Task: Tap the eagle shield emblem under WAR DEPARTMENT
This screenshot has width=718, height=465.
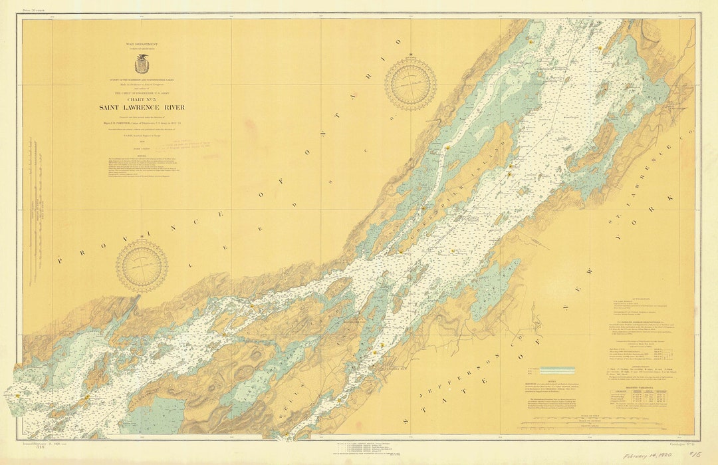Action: [142, 65]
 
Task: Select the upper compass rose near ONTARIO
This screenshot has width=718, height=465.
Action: [410, 83]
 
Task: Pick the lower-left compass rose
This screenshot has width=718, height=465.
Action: [142, 265]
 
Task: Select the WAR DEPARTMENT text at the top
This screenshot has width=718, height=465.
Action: [142, 43]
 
